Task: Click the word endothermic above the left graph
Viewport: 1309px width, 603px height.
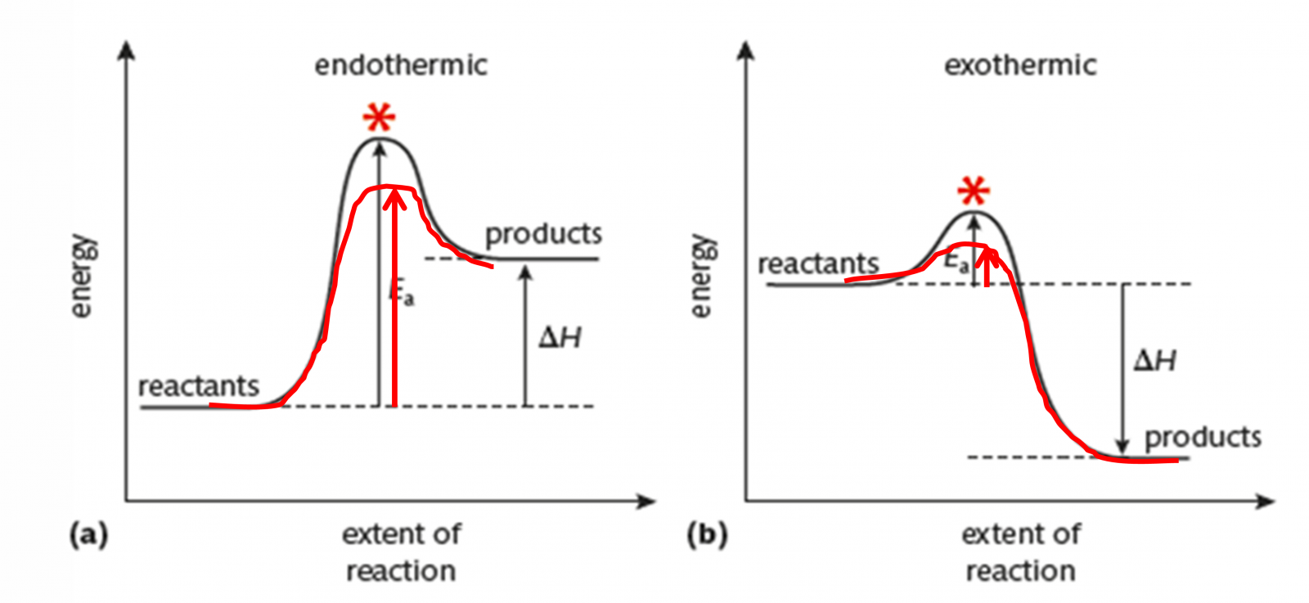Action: click(401, 65)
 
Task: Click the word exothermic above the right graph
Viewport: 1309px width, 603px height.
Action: click(1020, 65)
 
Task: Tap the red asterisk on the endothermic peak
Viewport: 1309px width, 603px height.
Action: click(379, 119)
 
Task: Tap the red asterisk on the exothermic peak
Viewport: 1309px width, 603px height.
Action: click(974, 192)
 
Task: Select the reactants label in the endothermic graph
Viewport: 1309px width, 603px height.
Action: click(198, 386)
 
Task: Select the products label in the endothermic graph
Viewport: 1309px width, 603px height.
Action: click(543, 235)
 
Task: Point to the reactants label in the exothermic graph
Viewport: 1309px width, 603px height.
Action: click(818, 264)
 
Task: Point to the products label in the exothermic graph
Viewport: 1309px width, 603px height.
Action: click(1202, 438)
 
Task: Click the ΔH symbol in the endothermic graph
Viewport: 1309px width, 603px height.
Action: click(560, 337)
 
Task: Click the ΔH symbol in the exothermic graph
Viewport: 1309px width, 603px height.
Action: click(1155, 360)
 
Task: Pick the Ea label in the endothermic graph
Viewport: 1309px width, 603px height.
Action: click(402, 292)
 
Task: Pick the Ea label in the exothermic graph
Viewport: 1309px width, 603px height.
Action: click(956, 262)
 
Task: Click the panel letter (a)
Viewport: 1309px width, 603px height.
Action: click(88, 535)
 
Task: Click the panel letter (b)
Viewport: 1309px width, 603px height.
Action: click(708, 535)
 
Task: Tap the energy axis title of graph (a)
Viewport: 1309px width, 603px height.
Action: click(81, 276)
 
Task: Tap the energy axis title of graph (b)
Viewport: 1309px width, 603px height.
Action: click(701, 276)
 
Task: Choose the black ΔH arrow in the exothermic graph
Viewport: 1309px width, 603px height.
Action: click(1123, 368)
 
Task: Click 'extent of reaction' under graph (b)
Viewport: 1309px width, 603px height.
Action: click(1020, 552)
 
